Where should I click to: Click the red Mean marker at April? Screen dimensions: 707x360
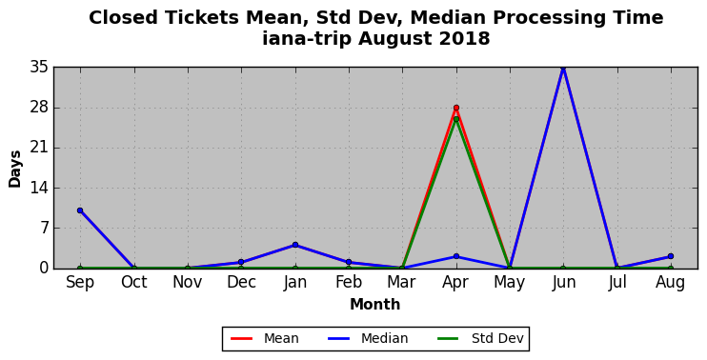(456, 108)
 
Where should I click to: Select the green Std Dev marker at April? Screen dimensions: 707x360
(456, 119)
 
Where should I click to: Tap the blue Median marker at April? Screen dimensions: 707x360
(456, 256)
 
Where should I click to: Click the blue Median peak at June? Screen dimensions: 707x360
(563, 68)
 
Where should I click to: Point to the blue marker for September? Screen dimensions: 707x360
(80, 210)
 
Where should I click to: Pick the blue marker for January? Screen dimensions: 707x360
(295, 245)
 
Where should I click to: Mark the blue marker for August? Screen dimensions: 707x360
(671, 256)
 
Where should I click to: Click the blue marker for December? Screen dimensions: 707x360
(241, 262)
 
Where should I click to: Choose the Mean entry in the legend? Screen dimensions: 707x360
(264, 338)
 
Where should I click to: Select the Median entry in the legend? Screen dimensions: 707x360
(367, 338)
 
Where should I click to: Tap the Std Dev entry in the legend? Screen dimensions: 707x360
(480, 338)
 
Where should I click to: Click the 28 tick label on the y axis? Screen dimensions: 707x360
(39, 108)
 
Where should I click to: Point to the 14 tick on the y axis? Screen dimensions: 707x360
(39, 188)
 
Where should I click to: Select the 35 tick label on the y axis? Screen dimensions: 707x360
(39, 68)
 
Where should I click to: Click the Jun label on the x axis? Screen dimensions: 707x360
(564, 283)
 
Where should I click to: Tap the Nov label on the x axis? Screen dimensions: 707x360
(188, 282)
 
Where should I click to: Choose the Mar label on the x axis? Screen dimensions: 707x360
(401, 282)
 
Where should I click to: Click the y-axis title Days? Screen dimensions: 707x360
(15, 169)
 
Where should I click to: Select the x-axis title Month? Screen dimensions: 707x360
(375, 304)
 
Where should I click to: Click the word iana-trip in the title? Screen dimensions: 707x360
(307, 38)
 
